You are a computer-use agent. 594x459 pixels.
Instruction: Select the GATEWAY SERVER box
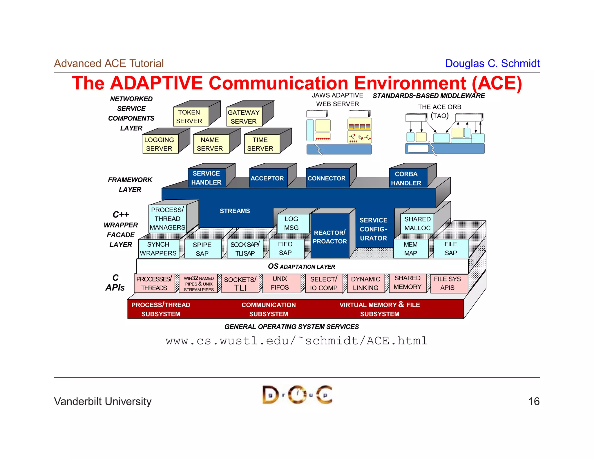click(x=244, y=117)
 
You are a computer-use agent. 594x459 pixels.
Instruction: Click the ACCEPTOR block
click(x=268, y=178)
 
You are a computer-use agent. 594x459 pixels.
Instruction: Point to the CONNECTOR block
click(x=327, y=178)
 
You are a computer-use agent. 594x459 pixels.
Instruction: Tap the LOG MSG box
click(x=292, y=223)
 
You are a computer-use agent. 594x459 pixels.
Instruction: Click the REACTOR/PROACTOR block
click(x=330, y=237)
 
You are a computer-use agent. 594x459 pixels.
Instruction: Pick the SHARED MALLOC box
click(x=417, y=224)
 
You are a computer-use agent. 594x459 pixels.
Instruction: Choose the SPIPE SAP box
click(x=202, y=249)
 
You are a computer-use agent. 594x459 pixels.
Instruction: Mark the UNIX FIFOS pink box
click(x=280, y=283)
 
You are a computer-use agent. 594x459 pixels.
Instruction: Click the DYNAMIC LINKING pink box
click(x=365, y=283)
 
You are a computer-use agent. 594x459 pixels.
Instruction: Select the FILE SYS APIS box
click(x=448, y=283)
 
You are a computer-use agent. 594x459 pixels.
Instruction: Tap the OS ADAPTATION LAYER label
click(x=302, y=267)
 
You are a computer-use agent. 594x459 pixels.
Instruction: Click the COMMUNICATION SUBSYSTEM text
click(x=269, y=309)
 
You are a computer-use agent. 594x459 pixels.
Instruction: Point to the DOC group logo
click(x=297, y=395)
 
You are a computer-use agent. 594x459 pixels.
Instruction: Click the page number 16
click(x=534, y=402)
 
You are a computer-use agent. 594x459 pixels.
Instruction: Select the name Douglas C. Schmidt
click(x=492, y=64)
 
